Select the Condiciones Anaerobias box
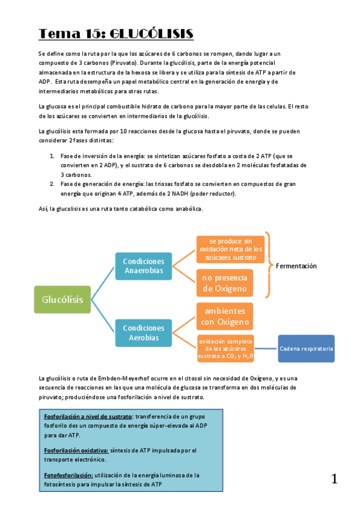click(x=143, y=266)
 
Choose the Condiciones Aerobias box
click(x=143, y=333)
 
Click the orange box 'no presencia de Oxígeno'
click(x=224, y=283)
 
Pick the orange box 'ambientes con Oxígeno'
click(x=224, y=316)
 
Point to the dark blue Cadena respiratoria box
click(x=307, y=349)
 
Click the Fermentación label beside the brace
click(x=296, y=266)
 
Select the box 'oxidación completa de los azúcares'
click(x=225, y=349)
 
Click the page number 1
click(x=334, y=479)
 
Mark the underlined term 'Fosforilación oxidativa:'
click(x=76, y=450)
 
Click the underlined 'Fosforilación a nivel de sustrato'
click(x=88, y=416)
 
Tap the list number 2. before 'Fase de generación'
click(x=52, y=184)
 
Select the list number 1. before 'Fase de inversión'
click(x=52, y=155)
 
